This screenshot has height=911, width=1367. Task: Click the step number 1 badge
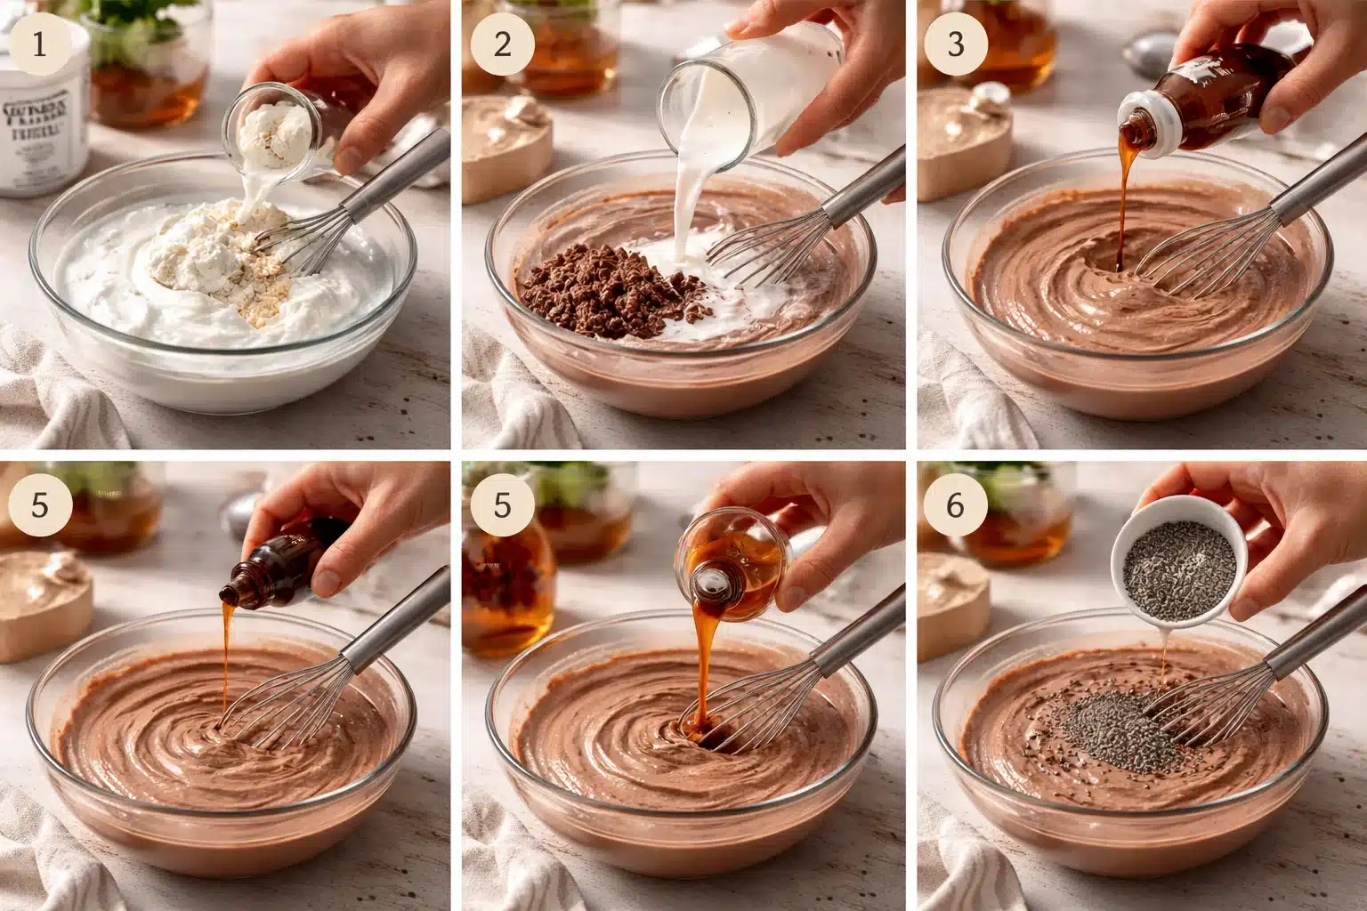click(38, 44)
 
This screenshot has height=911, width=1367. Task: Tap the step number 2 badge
click(502, 44)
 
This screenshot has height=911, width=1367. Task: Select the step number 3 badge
click(955, 44)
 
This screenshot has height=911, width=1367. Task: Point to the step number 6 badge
click(955, 505)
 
